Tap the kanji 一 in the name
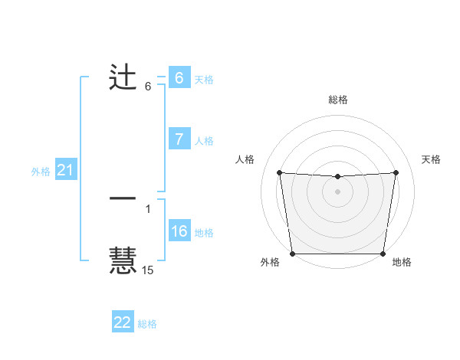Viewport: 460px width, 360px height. tap(123, 198)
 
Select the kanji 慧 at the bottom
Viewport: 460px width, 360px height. tap(123, 260)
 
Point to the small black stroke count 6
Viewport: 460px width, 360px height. tap(148, 87)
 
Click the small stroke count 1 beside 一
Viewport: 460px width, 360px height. tap(148, 208)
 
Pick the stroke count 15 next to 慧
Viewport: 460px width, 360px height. tap(148, 270)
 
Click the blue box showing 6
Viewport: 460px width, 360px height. tap(179, 78)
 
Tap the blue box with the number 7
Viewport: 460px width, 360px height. tap(179, 139)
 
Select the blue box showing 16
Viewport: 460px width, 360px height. tap(179, 231)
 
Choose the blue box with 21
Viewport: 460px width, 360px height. tap(65, 171)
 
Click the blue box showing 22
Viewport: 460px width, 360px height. tap(123, 322)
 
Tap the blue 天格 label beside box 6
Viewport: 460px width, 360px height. tap(203, 79)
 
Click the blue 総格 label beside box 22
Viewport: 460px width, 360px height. tap(147, 324)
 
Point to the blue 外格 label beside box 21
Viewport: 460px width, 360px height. tap(41, 172)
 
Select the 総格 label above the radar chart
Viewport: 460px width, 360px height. tap(337, 100)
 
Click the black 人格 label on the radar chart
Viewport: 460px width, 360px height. tap(245, 159)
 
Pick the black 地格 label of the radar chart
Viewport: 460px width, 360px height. tap(402, 263)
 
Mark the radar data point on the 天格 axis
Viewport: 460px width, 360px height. tap(396, 172)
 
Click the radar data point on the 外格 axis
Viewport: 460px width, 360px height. tap(292, 254)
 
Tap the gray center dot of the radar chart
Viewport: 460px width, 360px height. tap(337, 191)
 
